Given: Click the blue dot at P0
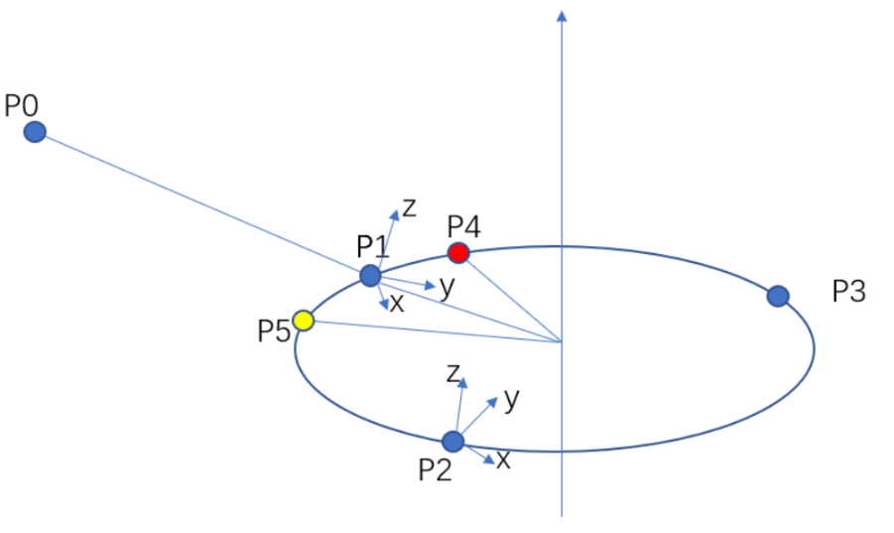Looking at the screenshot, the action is pos(35,132).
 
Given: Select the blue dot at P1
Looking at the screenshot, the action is pos(371,276).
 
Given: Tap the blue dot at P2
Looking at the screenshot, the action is pos(453,442).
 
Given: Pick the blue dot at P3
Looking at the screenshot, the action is pos(778,296).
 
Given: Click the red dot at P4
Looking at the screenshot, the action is pos(458,252).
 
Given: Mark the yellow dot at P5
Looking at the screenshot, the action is pos(304,321).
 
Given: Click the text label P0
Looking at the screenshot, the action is pos(22,106).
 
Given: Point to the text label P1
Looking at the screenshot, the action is pos(372,247).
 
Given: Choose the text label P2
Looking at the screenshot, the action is pos(435,470).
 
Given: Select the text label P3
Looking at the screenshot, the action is pos(849,291).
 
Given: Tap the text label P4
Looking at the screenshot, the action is pos(463,226).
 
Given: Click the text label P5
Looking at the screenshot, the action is pos(274,332).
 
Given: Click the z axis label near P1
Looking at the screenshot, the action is pos(409,208).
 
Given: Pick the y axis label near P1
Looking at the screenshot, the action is pos(447,287).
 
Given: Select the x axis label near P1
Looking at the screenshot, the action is pos(397,304).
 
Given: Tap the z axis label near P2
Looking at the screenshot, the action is pos(453,373).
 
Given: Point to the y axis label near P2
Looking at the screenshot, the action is pos(512,398).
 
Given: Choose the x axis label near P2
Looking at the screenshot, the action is pos(503,460).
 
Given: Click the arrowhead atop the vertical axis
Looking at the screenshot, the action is pos(563,16).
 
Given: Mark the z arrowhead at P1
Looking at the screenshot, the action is pos(394,215).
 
